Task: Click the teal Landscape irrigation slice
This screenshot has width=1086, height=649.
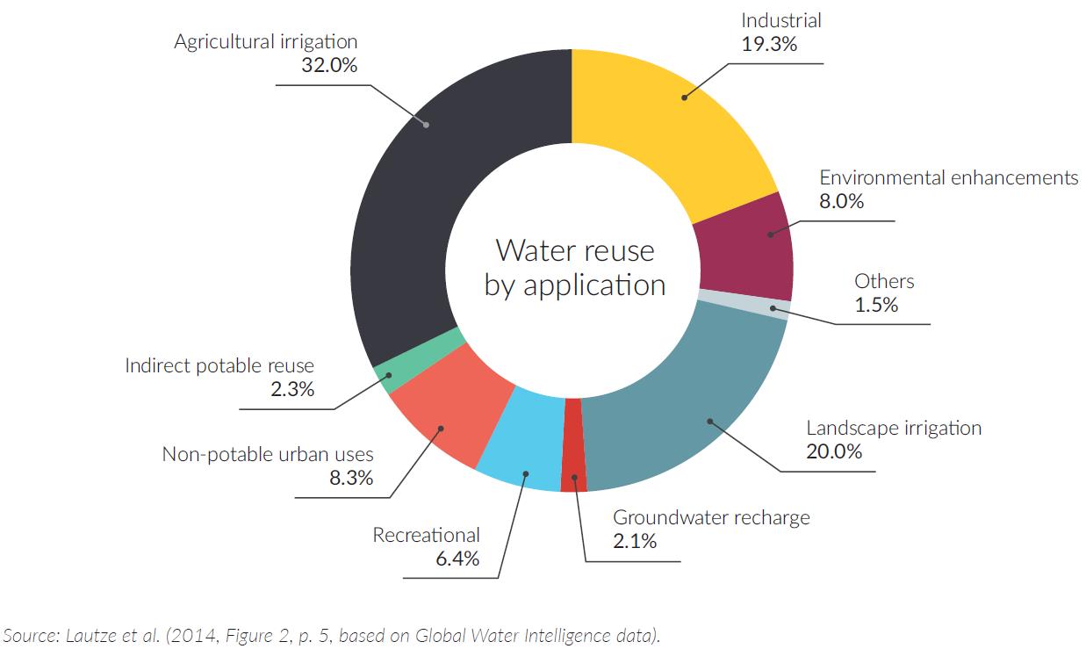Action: click(x=694, y=404)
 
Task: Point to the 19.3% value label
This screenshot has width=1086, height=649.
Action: click(x=769, y=44)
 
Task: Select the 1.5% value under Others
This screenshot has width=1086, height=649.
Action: click(x=876, y=305)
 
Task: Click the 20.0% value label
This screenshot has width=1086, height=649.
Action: click(x=834, y=451)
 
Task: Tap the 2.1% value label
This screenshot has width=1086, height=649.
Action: click(x=635, y=541)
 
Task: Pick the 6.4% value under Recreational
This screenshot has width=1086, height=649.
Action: click(x=457, y=559)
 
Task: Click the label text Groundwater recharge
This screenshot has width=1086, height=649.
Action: click(x=711, y=517)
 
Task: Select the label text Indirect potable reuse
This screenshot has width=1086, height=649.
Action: click(x=219, y=365)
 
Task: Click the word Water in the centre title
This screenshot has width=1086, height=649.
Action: click(x=534, y=251)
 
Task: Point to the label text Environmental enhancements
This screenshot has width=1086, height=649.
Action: click(x=948, y=177)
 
